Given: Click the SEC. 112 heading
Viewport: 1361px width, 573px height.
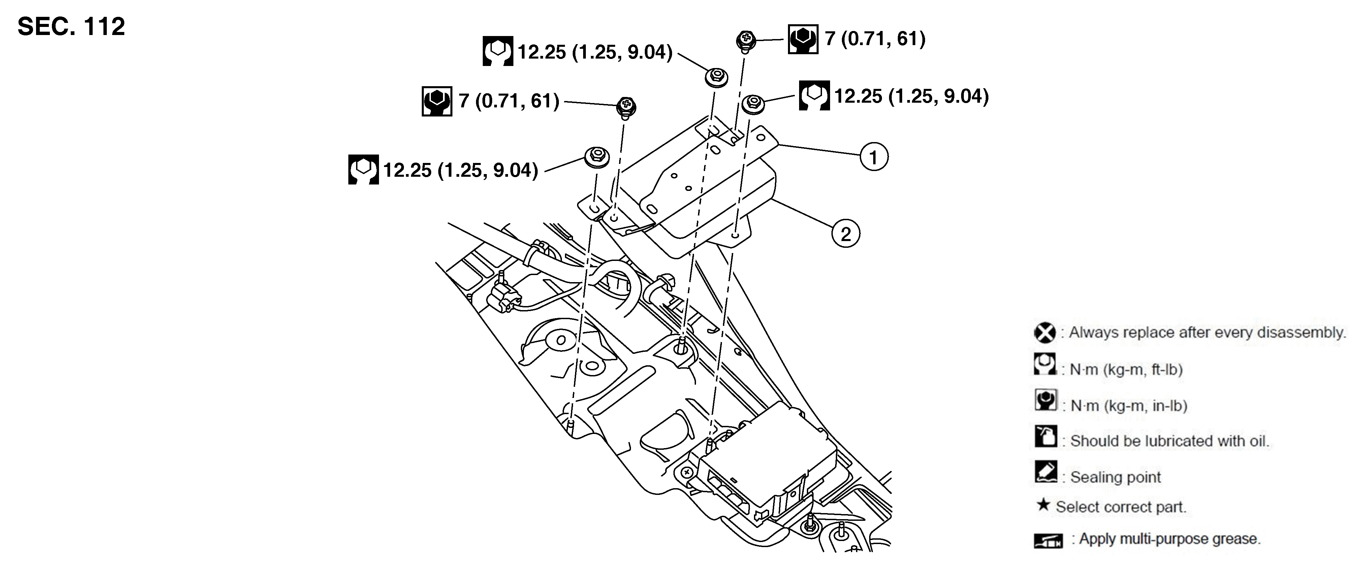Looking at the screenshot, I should [71, 26].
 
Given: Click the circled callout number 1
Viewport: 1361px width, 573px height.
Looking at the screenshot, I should [873, 157].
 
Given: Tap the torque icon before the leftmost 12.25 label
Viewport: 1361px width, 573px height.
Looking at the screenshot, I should [363, 170].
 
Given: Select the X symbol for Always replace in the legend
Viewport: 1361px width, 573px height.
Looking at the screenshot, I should [1044, 333].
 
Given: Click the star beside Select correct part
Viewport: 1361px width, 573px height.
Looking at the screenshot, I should [1042, 505].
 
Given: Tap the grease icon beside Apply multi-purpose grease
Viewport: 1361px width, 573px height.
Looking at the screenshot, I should [1048, 541].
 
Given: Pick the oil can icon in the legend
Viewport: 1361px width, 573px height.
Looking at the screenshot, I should [1045, 436].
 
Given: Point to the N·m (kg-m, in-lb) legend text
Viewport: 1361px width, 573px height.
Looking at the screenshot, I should [1129, 406].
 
